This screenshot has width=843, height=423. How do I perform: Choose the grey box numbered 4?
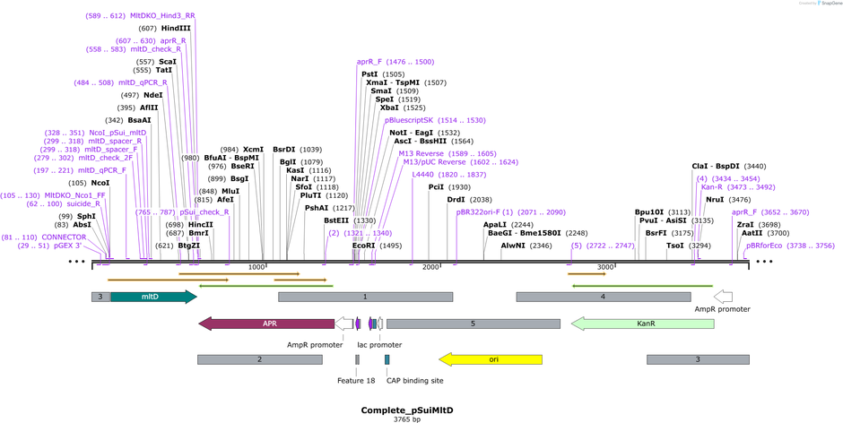tap(603, 297)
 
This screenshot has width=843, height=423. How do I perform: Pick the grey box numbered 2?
tap(259, 359)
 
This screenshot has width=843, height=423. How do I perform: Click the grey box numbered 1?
tap(364, 297)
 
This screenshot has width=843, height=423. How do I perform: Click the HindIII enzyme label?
tap(176, 28)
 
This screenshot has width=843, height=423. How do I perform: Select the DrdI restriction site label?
tap(456, 200)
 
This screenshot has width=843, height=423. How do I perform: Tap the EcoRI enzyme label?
tap(364, 245)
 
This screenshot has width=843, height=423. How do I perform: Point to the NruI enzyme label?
tap(714, 200)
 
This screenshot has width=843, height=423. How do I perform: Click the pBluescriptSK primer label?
tap(409, 120)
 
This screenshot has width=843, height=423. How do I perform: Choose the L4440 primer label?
tap(422, 175)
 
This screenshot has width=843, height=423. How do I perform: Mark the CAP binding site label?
tap(414, 380)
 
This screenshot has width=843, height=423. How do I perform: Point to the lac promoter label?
tap(379, 344)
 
